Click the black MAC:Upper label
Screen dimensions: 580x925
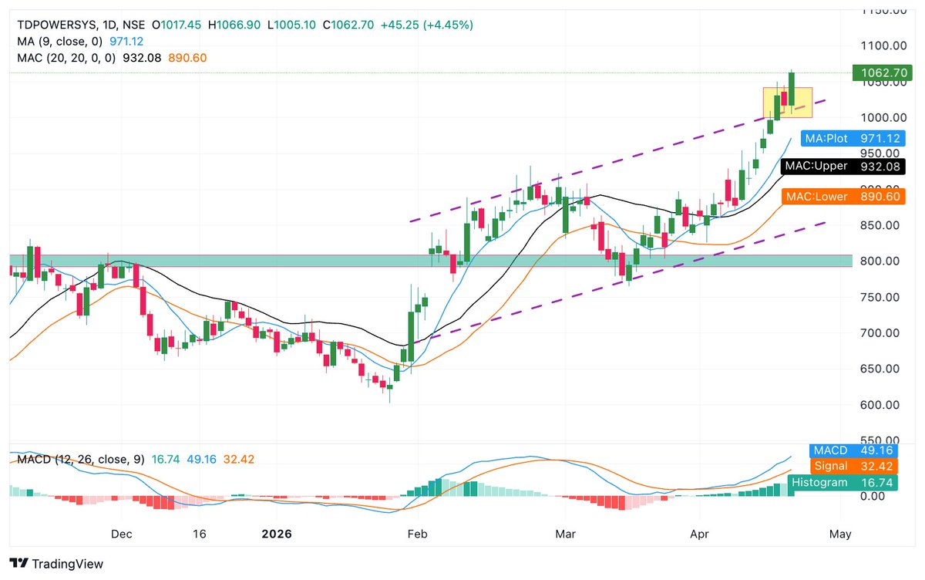click(x=841, y=166)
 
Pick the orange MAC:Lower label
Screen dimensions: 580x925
click(x=841, y=197)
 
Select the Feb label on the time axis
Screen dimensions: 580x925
click(x=417, y=534)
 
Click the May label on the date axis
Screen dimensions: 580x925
click(x=840, y=534)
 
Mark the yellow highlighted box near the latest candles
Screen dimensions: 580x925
click(x=788, y=102)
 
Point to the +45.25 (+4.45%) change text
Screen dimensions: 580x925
click(x=432, y=25)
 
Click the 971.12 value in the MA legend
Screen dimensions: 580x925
click(x=126, y=41)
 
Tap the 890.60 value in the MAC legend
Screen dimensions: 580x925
click(x=190, y=58)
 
